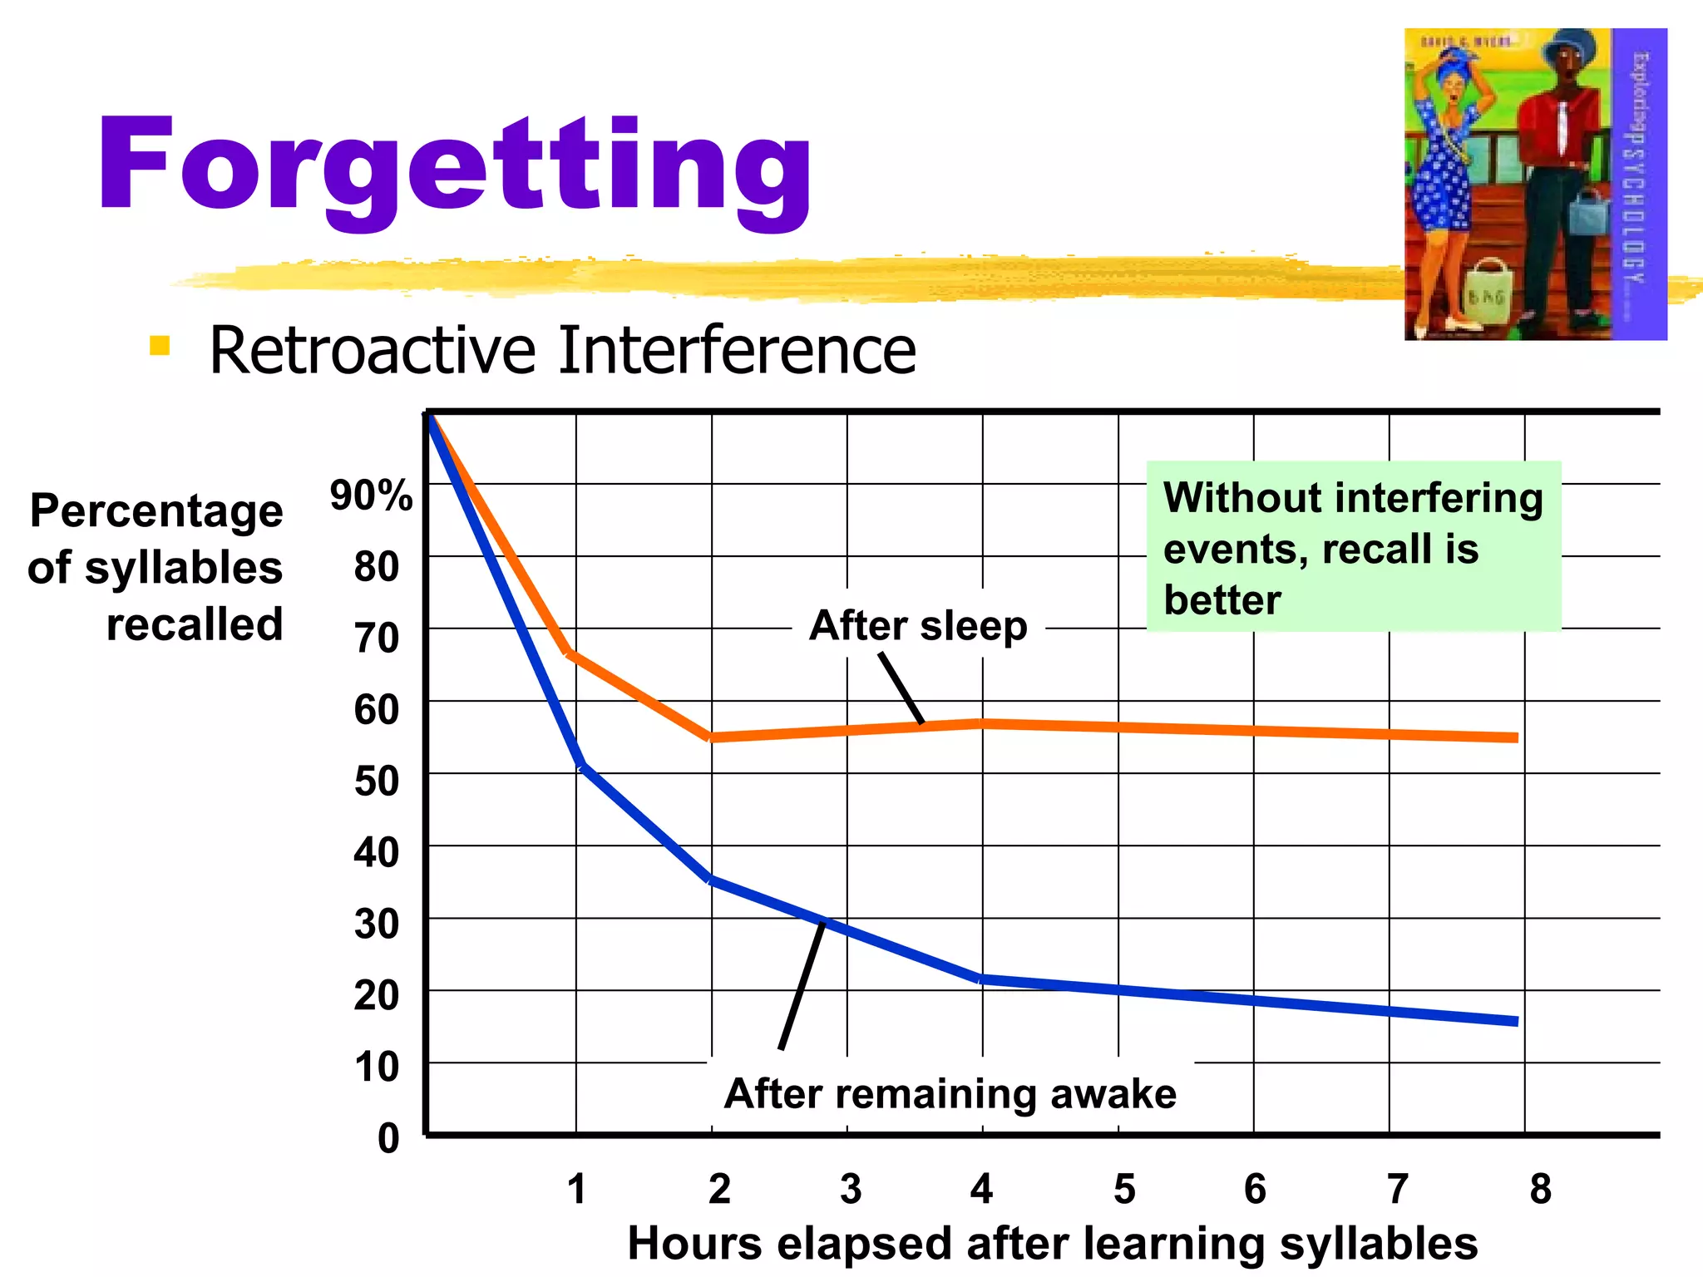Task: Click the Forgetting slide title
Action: tap(454, 166)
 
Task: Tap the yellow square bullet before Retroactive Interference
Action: tap(160, 346)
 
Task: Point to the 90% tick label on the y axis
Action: tap(371, 496)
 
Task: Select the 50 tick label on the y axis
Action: tap(377, 781)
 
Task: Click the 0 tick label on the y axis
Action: tap(388, 1138)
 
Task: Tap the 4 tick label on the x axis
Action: tap(981, 1189)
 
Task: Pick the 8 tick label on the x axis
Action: tap(1540, 1189)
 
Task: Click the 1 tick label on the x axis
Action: tap(577, 1189)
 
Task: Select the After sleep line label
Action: tap(918, 625)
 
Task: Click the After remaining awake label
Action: tap(950, 1093)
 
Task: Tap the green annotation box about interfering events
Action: tap(1353, 547)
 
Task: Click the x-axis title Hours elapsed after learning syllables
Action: tap(1052, 1244)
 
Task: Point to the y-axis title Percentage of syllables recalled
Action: tap(156, 567)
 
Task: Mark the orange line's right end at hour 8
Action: tap(1514, 737)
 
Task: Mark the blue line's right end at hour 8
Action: tap(1514, 1021)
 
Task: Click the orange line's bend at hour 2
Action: tap(712, 737)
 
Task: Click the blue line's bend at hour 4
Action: tap(982, 979)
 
